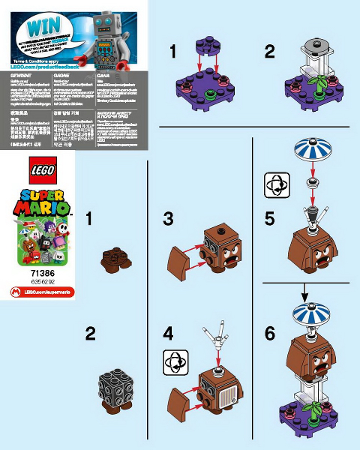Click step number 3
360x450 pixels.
click(x=169, y=219)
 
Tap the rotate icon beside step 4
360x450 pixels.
click(x=173, y=362)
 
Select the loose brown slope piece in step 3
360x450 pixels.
click(x=178, y=261)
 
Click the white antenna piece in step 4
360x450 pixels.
click(x=217, y=335)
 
